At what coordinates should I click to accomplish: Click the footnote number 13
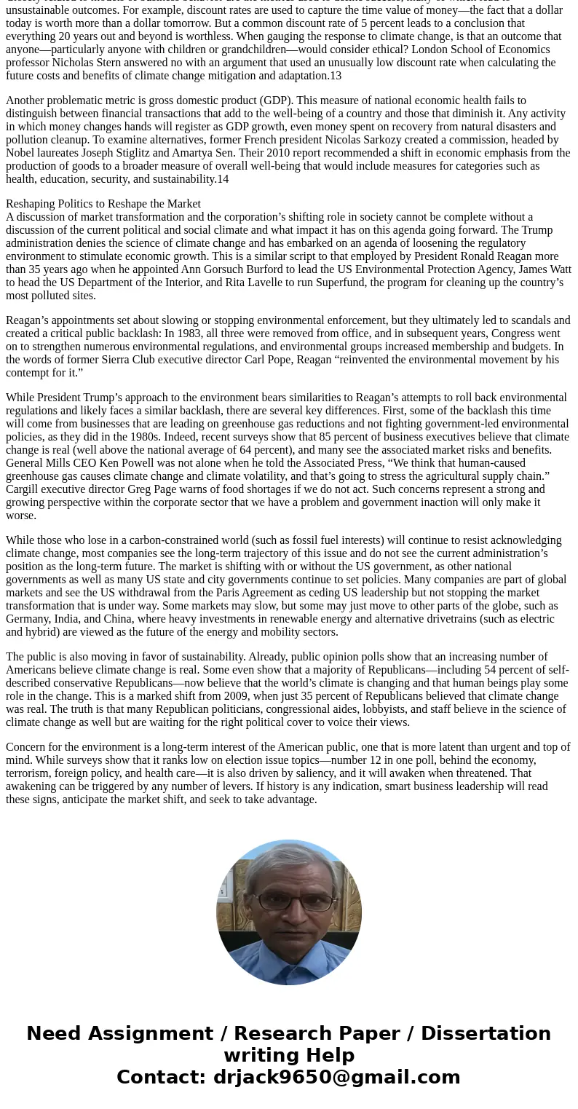pos(335,76)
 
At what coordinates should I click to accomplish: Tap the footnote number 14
pos(222,179)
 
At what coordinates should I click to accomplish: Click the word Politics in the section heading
pos(78,204)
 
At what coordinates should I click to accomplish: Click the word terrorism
pos(28,773)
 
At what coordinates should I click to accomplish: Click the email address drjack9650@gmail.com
pos(336,1077)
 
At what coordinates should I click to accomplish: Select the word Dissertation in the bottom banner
pos(486,1033)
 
